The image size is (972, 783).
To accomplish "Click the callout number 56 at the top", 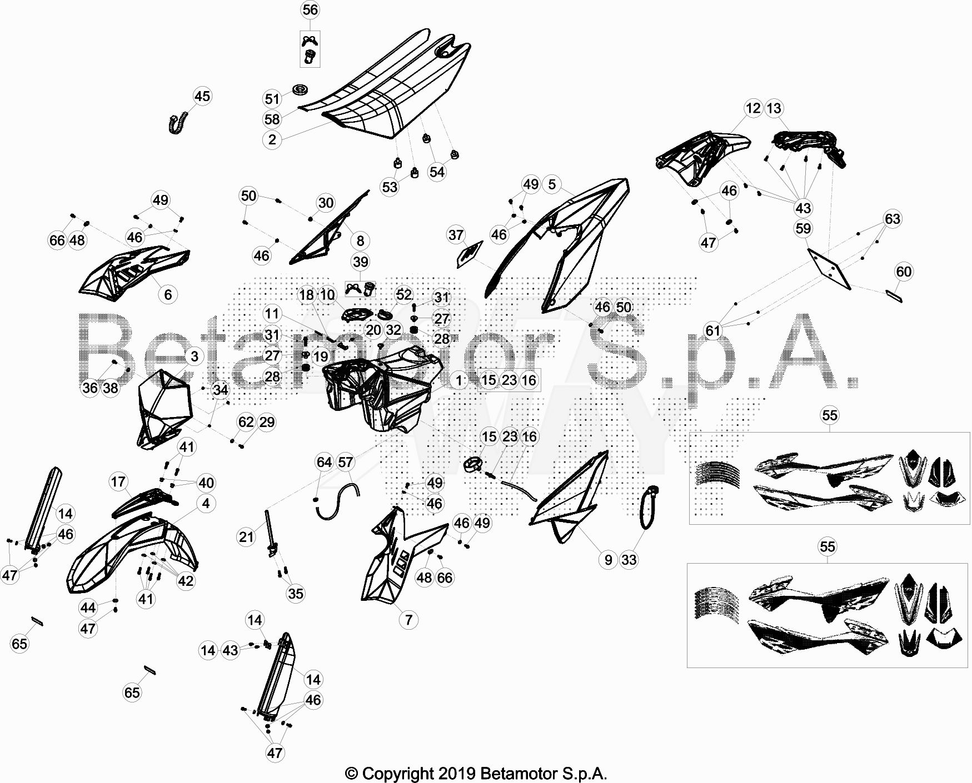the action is (310, 10).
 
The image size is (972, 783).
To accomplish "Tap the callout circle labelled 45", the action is (202, 96).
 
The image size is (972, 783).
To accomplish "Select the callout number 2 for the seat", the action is (272, 139).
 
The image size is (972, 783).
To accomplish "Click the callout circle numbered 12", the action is (753, 108).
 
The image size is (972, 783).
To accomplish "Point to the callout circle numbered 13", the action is (774, 108).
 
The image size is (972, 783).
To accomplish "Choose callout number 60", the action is (904, 272).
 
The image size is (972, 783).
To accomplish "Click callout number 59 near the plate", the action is (803, 228).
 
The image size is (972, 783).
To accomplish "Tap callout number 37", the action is (456, 235).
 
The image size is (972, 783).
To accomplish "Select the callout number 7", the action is (409, 619).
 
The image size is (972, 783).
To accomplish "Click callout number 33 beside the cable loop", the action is (629, 560).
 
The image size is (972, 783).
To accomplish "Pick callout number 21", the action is (246, 536).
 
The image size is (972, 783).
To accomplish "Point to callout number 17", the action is (118, 481).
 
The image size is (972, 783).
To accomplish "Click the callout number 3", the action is (195, 356).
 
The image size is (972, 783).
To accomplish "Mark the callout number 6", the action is (168, 294).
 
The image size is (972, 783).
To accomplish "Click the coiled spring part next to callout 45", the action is (178, 123).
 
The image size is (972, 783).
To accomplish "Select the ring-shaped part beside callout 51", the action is (301, 90).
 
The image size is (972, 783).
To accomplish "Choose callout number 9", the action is (608, 560).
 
